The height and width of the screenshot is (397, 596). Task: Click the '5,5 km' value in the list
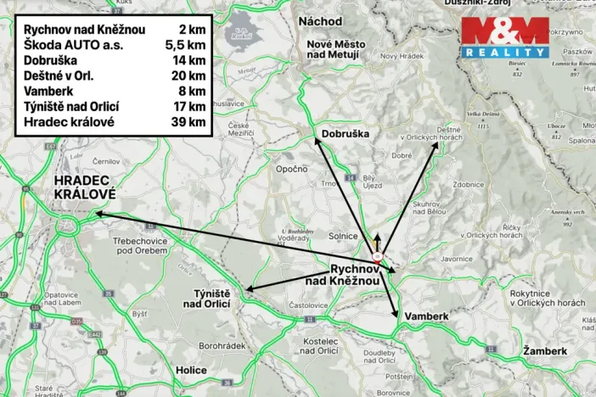coord(186,46)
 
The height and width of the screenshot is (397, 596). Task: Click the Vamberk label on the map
coord(426,316)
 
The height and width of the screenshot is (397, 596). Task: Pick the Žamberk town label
coord(544,350)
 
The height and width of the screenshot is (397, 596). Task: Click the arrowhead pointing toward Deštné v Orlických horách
coord(436,145)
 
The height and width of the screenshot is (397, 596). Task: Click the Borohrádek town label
coord(222,346)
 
